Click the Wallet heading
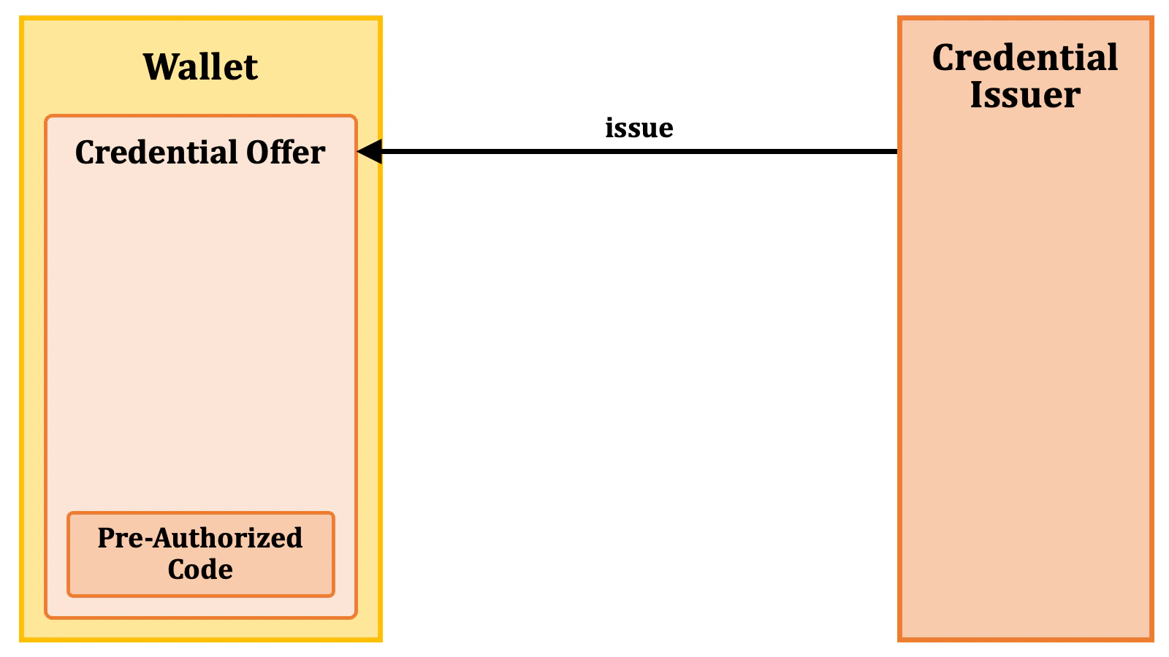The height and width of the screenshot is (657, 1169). (x=200, y=67)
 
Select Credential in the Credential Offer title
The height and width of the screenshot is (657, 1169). (x=157, y=153)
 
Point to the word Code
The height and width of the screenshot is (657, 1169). (x=200, y=569)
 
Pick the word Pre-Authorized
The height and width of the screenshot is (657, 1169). (x=200, y=538)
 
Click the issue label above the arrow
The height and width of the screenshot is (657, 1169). (x=639, y=128)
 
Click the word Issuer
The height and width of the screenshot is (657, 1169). (x=1025, y=96)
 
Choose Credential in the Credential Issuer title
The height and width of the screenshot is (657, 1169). (x=1025, y=58)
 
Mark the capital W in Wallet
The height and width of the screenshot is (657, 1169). (x=159, y=67)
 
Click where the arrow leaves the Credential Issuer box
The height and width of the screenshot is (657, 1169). (x=898, y=152)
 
